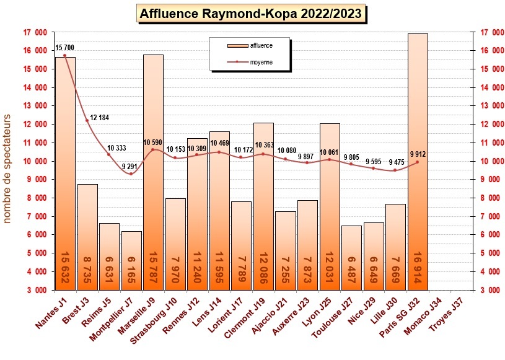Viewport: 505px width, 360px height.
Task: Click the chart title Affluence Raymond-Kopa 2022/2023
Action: tap(250, 14)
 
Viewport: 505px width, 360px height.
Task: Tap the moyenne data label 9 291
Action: tap(132, 166)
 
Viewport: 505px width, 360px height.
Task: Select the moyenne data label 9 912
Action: tap(418, 153)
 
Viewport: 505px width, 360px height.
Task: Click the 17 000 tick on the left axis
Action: tap(35, 32)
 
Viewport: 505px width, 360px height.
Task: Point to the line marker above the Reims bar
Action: tap(109, 154)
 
